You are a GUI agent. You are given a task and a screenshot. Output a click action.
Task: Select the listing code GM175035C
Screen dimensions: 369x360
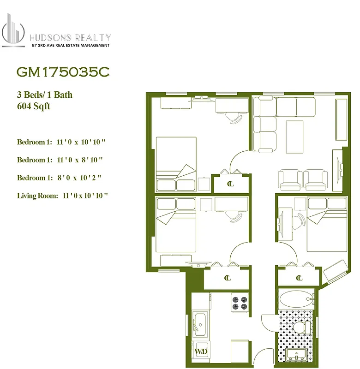pyautogui.click(x=63, y=72)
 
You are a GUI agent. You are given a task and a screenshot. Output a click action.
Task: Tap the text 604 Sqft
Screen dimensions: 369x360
pyautogui.click(x=33, y=106)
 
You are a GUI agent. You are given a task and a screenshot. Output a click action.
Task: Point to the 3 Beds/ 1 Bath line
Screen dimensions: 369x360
pyautogui.click(x=44, y=95)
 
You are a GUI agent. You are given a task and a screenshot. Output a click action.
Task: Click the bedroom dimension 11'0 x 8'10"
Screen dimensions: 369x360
pyautogui.click(x=60, y=160)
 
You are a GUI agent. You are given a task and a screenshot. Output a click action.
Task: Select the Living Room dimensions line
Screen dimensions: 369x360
pyautogui.click(x=62, y=196)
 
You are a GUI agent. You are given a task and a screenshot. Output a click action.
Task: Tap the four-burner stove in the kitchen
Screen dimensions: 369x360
pyautogui.click(x=240, y=303)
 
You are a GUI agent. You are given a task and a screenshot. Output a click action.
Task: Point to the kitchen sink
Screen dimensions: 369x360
pyautogui.click(x=200, y=322)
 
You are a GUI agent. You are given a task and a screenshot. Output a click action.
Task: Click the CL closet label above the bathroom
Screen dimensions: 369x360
pyautogui.click(x=299, y=278)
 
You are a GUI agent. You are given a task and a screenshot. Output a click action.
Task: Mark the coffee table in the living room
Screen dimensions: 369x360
pyautogui.click(x=294, y=137)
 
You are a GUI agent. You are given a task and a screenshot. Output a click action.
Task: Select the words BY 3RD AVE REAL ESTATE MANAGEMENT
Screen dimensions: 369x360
pyautogui.click(x=70, y=45)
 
